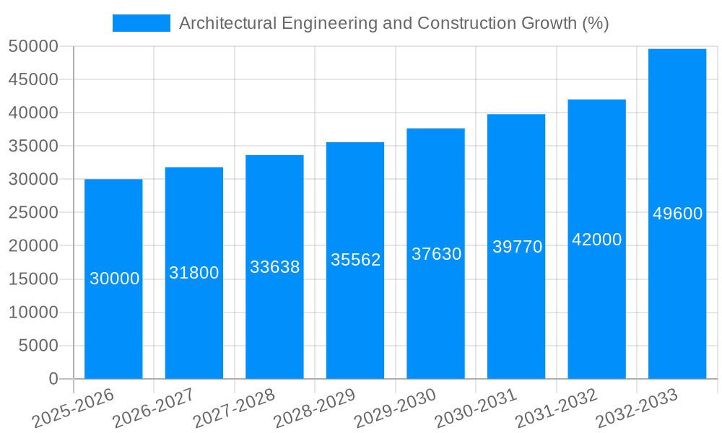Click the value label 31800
click(194, 273)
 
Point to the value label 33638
click(274, 267)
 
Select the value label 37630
click(436, 254)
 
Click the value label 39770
click(517, 247)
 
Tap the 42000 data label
click(596, 240)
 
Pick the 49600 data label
click(677, 214)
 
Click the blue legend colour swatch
click(142, 23)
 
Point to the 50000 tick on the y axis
click(33, 46)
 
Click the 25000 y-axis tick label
click(33, 213)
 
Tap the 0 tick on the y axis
click(53, 379)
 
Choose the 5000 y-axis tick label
click(38, 346)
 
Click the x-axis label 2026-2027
click(153, 408)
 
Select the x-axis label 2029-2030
click(395, 408)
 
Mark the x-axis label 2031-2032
click(556, 408)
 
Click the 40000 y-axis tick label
click(33, 113)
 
